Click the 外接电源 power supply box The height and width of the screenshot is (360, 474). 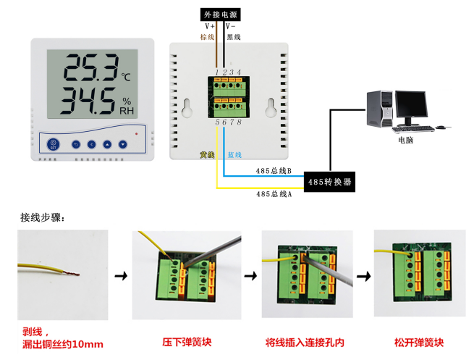[219, 13]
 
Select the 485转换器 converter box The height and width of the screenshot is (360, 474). [330, 182]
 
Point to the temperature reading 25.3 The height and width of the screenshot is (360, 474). [90, 69]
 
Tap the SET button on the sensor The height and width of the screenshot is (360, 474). [53, 144]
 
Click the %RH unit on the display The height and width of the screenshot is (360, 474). [127, 106]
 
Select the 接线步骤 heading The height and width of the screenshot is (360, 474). [43, 217]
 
